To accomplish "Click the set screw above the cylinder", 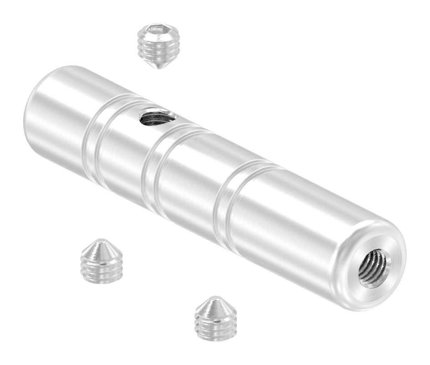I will [157, 46].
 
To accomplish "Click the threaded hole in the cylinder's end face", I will [374, 269].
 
